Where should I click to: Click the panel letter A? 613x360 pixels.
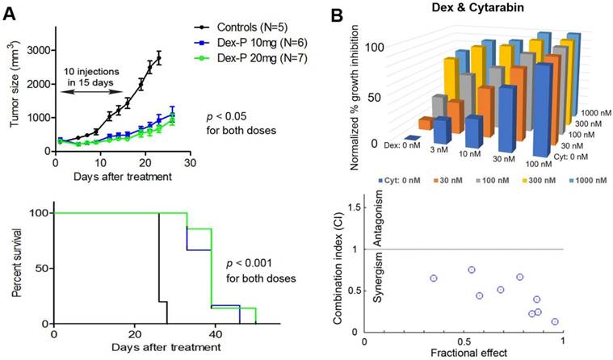(10, 10)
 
